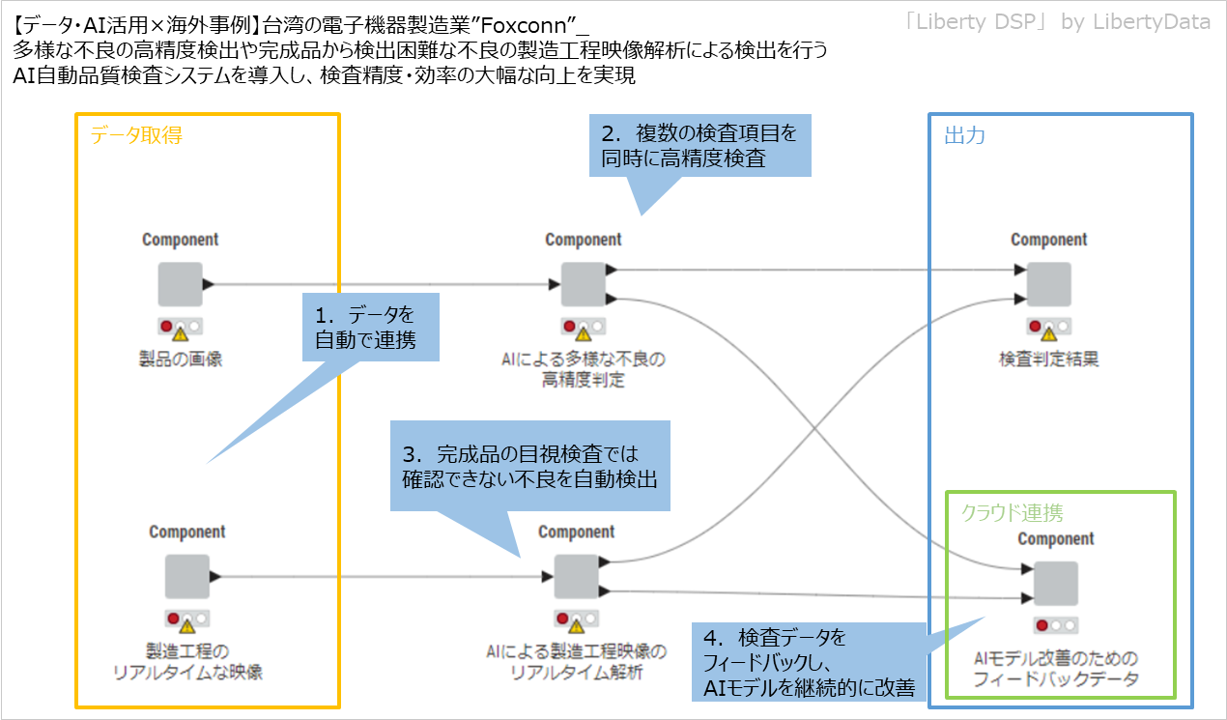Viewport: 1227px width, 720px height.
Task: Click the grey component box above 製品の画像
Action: pos(180,284)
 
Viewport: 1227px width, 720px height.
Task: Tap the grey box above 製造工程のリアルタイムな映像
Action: pos(186,577)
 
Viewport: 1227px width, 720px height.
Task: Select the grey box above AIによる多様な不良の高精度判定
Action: pos(583,284)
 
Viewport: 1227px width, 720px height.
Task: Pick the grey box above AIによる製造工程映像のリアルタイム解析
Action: pos(576,577)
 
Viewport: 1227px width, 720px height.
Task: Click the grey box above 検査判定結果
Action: pos(1048,284)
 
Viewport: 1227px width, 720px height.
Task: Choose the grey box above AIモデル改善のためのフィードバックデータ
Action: pos(1055,584)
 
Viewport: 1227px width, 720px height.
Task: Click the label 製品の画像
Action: pos(181,360)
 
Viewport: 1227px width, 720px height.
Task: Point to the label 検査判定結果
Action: pos(1048,360)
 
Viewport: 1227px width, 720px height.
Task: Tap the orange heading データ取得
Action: pos(136,136)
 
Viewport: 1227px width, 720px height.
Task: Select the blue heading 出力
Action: pos(964,136)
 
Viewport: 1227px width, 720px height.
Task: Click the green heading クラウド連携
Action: pos(1012,512)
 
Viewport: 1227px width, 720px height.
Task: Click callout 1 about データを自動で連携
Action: pos(371,328)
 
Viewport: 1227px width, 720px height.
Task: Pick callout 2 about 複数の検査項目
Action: pos(699,147)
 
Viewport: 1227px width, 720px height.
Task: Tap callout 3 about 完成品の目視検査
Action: pos(529,466)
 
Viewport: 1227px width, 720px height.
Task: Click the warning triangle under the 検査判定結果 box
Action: pos(1048,334)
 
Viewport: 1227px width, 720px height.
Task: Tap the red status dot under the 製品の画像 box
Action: pos(166,326)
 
